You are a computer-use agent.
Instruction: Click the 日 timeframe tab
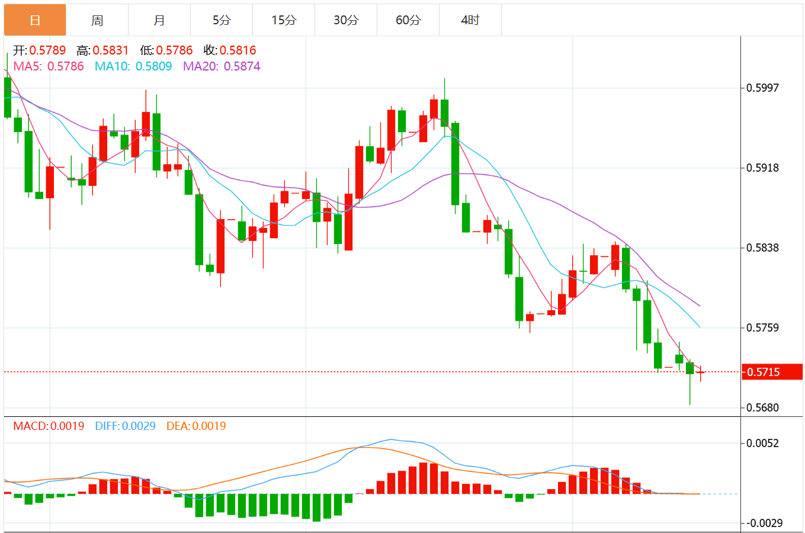tap(35, 20)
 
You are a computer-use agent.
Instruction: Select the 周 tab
tap(97, 20)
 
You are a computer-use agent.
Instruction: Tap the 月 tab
tap(159, 20)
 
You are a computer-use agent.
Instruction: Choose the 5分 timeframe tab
tap(222, 20)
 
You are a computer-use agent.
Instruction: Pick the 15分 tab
tap(284, 20)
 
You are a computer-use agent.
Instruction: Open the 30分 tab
tap(346, 20)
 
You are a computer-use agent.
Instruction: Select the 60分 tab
tap(408, 20)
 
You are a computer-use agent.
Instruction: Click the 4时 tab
tap(470, 20)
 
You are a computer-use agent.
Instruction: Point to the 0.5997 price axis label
tap(762, 88)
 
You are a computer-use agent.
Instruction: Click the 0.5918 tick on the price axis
tap(762, 168)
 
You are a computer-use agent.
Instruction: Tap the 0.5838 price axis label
tap(762, 248)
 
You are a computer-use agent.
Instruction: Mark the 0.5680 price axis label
tap(762, 407)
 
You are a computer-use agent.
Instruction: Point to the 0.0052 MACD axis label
tap(762, 443)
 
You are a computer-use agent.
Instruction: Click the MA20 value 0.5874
tap(242, 66)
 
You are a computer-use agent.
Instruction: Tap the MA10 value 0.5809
tap(153, 66)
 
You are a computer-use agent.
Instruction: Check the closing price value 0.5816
tap(238, 50)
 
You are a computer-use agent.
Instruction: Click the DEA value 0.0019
tap(209, 426)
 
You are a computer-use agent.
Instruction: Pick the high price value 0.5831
tap(110, 50)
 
